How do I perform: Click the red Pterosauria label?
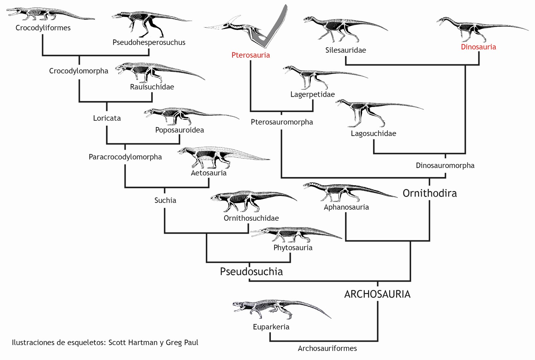click(x=251, y=55)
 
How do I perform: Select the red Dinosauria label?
click(x=478, y=47)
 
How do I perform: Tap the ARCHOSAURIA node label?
click(x=377, y=294)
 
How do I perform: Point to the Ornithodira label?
click(x=430, y=193)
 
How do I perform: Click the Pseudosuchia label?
click(x=251, y=272)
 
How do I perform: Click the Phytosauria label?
click(x=293, y=248)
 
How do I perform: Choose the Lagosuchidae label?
click(x=373, y=134)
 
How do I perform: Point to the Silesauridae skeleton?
click(x=340, y=28)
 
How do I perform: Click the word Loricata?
click(x=107, y=118)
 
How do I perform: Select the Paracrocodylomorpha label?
click(x=125, y=157)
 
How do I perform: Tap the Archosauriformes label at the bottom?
click(x=327, y=348)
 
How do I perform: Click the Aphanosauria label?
click(x=346, y=207)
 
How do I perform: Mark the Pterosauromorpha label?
click(x=282, y=122)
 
